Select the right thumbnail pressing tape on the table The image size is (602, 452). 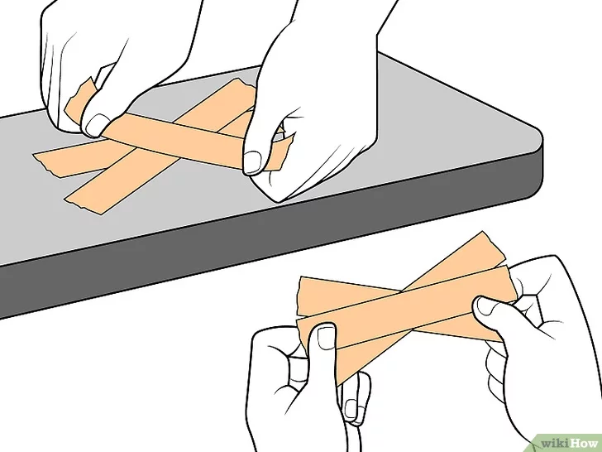pos(253,161)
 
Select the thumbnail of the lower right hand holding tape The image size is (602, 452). pos(485,306)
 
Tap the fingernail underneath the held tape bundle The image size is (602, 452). pos(351,409)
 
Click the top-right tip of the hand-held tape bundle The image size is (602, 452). pos(483,233)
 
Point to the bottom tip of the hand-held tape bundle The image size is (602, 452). pos(339,383)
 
